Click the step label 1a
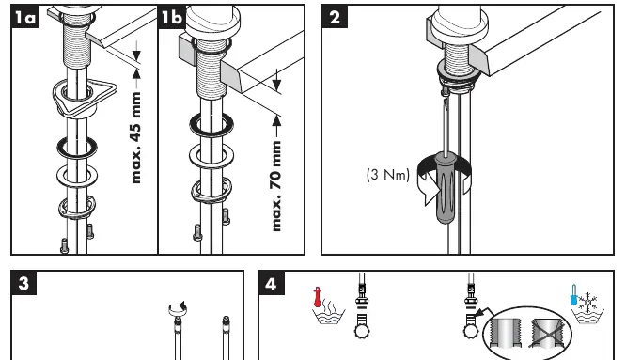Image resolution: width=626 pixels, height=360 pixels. tap(24, 17)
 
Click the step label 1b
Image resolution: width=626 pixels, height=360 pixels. tap(172, 17)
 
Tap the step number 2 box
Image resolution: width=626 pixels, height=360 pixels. tap(335, 17)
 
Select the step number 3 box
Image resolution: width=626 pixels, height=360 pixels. tap(23, 283)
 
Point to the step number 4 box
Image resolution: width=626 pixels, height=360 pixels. tap(271, 283)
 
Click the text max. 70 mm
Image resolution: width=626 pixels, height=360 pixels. tap(275, 185)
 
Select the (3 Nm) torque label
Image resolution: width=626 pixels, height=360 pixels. tap(388, 175)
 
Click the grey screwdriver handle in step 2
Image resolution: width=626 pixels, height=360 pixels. tap(446, 188)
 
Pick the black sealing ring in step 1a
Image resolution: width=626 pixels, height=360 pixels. tap(77, 147)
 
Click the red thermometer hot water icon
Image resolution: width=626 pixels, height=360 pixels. tap(318, 297)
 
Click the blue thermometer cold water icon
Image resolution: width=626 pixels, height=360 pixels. tap(574, 294)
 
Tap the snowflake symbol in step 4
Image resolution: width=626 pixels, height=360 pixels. tap(587, 302)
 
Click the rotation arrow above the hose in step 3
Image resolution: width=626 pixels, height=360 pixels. tap(178, 308)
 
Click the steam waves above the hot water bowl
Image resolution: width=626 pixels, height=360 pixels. tap(329, 304)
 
